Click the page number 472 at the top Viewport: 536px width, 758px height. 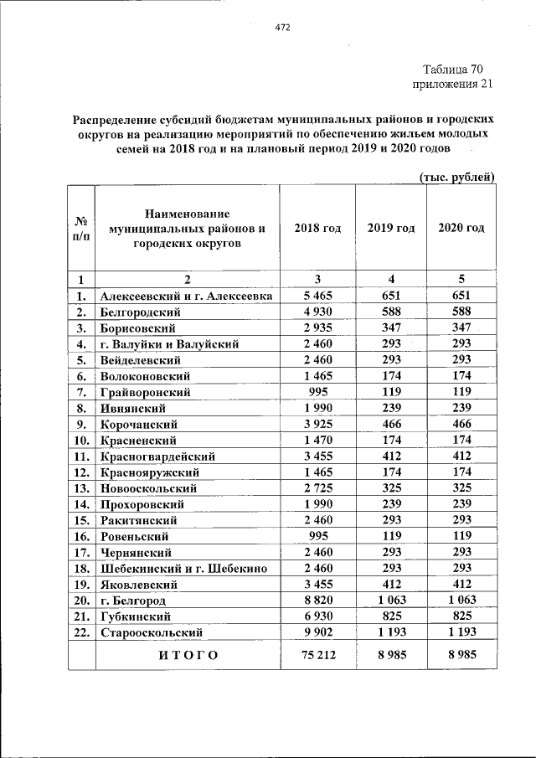282,28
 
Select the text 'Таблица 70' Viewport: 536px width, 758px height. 452,69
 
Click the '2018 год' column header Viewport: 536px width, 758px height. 317,229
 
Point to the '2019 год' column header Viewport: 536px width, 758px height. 391,229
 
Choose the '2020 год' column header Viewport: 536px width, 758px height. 461,229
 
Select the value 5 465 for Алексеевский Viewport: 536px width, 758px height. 318,296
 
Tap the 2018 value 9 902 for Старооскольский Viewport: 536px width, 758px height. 318,632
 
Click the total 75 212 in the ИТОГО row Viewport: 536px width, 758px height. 318,655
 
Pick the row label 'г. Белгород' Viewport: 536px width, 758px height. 133,601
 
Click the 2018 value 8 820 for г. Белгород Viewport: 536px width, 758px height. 318,601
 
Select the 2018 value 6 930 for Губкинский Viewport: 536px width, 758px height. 318,616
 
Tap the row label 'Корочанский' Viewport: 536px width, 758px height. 138,424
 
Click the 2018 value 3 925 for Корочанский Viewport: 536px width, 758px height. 318,424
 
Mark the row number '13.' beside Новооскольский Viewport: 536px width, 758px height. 81,488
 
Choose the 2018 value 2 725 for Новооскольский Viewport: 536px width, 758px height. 318,488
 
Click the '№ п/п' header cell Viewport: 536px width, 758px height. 81,229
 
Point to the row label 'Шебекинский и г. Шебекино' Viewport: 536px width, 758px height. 183,569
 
